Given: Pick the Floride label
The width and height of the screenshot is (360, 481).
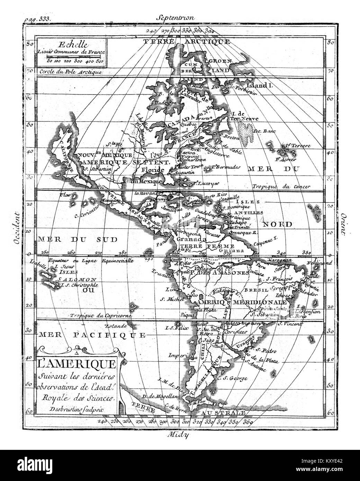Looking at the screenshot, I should coord(153,170).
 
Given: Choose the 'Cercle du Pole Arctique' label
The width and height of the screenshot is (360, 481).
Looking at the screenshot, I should coord(70,72).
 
